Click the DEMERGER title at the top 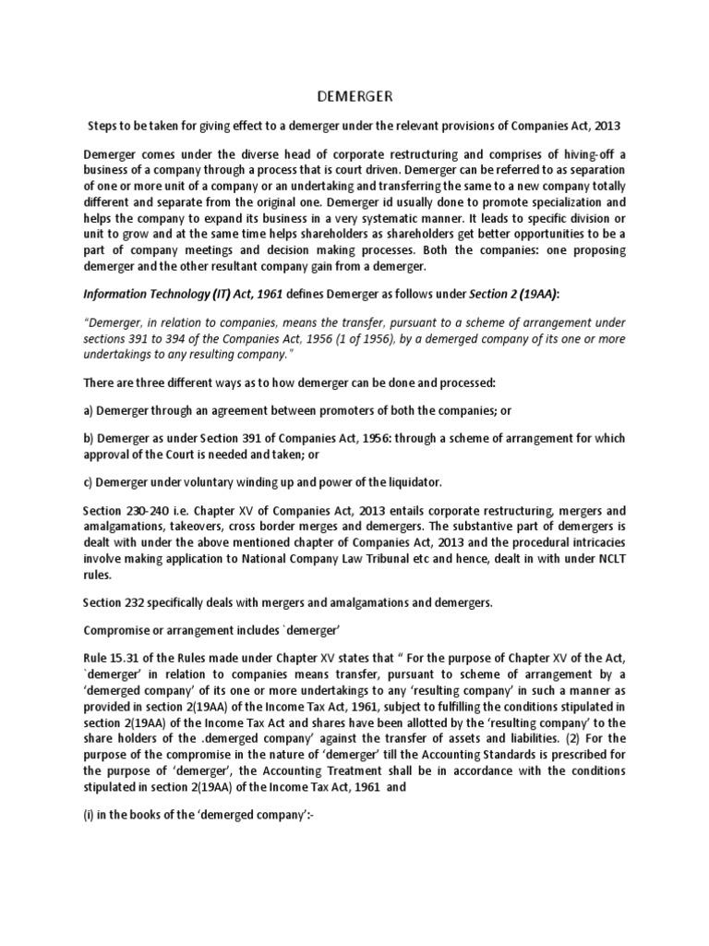(x=354, y=95)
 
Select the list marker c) (x=88, y=480)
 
